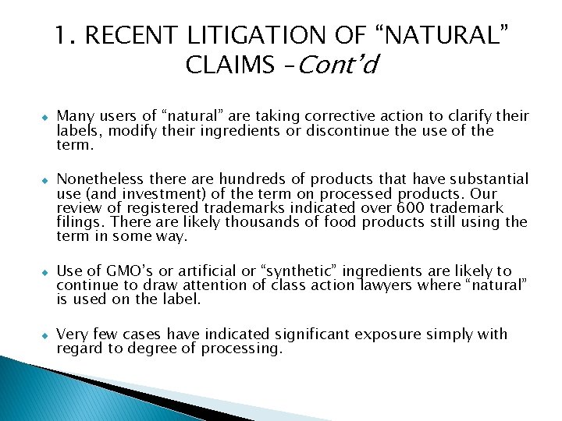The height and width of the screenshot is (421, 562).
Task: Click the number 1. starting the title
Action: tap(65, 35)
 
